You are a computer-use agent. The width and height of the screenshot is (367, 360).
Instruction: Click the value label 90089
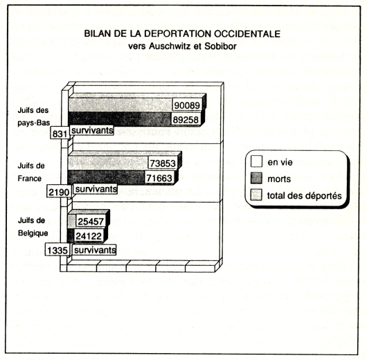(x=187, y=105)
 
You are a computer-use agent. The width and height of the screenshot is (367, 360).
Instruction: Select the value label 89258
(x=186, y=120)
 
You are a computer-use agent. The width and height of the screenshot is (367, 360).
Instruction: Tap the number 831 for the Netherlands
(x=60, y=134)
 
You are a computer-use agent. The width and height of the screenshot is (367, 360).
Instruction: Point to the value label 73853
(x=163, y=163)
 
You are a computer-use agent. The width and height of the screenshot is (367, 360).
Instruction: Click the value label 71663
(x=159, y=178)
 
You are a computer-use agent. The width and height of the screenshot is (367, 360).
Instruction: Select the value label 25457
(x=90, y=222)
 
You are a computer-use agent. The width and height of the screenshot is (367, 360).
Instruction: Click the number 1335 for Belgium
(x=57, y=250)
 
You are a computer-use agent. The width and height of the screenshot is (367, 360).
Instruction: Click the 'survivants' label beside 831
(x=92, y=130)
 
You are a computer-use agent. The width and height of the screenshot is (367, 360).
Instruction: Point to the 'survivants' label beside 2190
(x=96, y=189)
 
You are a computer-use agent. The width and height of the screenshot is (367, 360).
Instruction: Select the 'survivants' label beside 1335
(x=95, y=250)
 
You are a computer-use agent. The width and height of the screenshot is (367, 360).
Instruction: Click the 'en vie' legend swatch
(x=256, y=161)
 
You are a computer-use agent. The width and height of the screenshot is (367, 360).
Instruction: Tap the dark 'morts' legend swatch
(x=256, y=178)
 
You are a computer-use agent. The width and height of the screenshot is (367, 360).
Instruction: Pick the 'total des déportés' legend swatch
(x=256, y=195)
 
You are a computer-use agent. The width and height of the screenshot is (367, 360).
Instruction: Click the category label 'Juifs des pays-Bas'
(x=33, y=116)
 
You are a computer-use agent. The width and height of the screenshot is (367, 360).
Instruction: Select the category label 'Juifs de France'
(x=31, y=172)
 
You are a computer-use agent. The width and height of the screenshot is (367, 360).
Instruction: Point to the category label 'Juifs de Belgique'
(x=33, y=227)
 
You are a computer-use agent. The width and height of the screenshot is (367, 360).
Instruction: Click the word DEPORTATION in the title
(x=178, y=34)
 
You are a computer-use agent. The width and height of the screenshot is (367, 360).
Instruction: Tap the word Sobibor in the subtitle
(x=220, y=46)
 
